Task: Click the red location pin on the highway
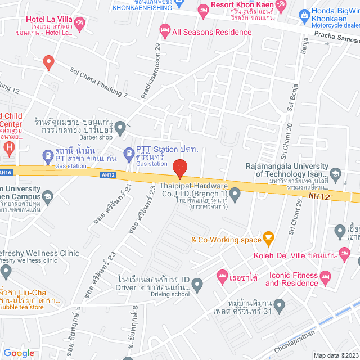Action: tap(179, 168)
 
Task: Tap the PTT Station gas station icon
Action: tap(129, 152)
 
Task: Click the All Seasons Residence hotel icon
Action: tap(165, 29)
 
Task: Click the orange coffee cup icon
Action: tap(268, 237)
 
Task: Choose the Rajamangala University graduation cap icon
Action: tap(336, 173)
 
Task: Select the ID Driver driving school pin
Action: tap(197, 286)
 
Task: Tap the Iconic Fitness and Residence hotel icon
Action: tap(325, 276)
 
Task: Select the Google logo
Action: tap(19, 353)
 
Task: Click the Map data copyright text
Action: tap(335, 355)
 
